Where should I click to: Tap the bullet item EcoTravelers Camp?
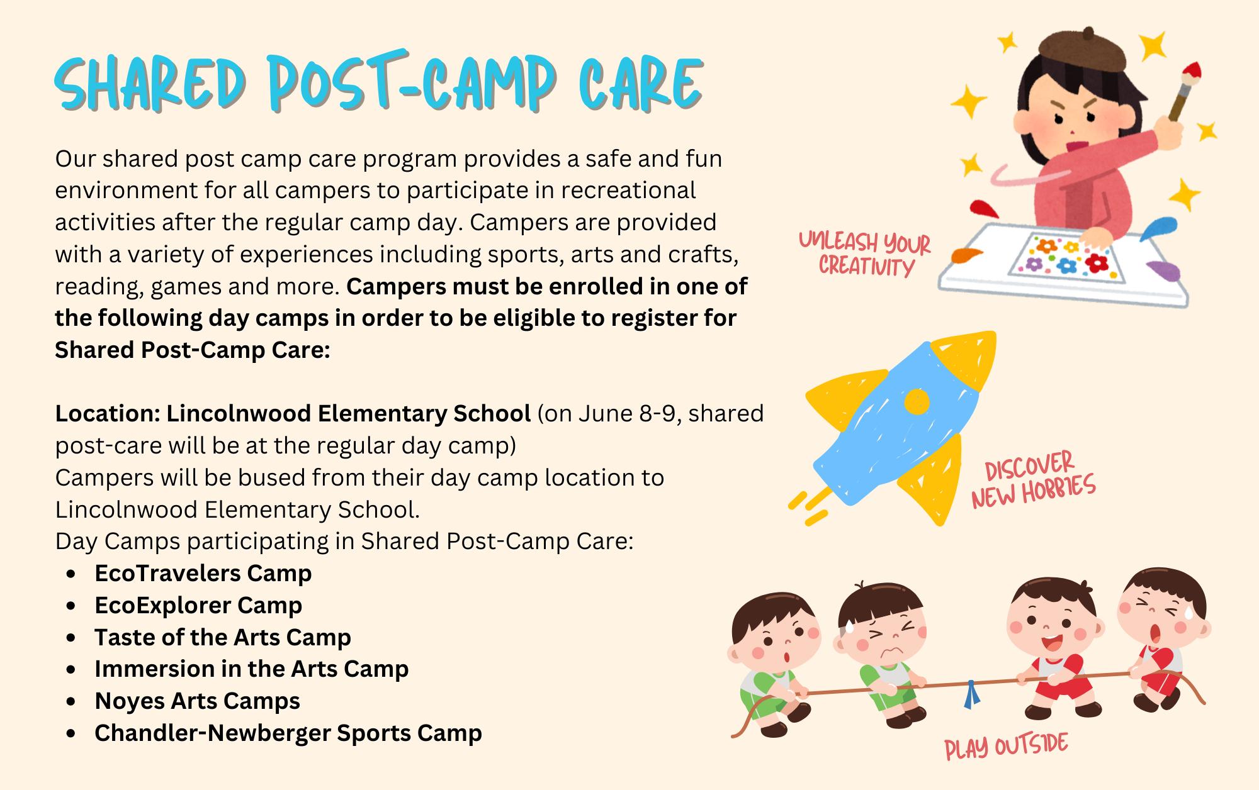203,573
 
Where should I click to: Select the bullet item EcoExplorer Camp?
198,605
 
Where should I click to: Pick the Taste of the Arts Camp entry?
223,637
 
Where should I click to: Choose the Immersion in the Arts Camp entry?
252,669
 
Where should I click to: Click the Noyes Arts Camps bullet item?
198,701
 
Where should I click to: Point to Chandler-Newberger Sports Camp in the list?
288,733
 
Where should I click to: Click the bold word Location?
108,413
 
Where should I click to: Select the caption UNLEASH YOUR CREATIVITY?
865,253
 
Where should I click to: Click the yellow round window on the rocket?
917,401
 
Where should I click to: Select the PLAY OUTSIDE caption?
1007,747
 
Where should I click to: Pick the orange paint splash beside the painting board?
968,256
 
